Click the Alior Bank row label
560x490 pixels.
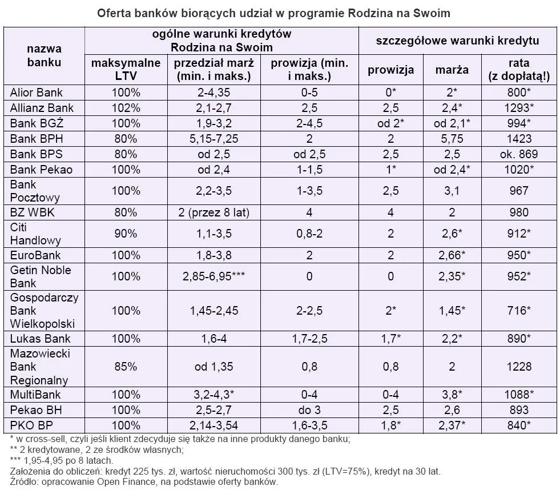click(37, 93)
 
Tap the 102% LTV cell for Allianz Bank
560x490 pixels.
click(126, 108)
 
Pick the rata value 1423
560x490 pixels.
click(519, 138)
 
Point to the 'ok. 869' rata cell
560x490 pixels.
click(519, 154)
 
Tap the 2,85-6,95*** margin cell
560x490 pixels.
click(213, 276)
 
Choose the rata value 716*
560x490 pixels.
click(519, 311)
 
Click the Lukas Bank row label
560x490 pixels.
click(37, 339)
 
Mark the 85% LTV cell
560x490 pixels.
click(126, 367)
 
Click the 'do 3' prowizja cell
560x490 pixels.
click(309, 410)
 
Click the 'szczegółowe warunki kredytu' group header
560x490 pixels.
click(457, 41)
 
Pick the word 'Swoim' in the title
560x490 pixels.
click(432, 13)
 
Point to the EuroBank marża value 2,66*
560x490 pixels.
click(452, 255)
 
